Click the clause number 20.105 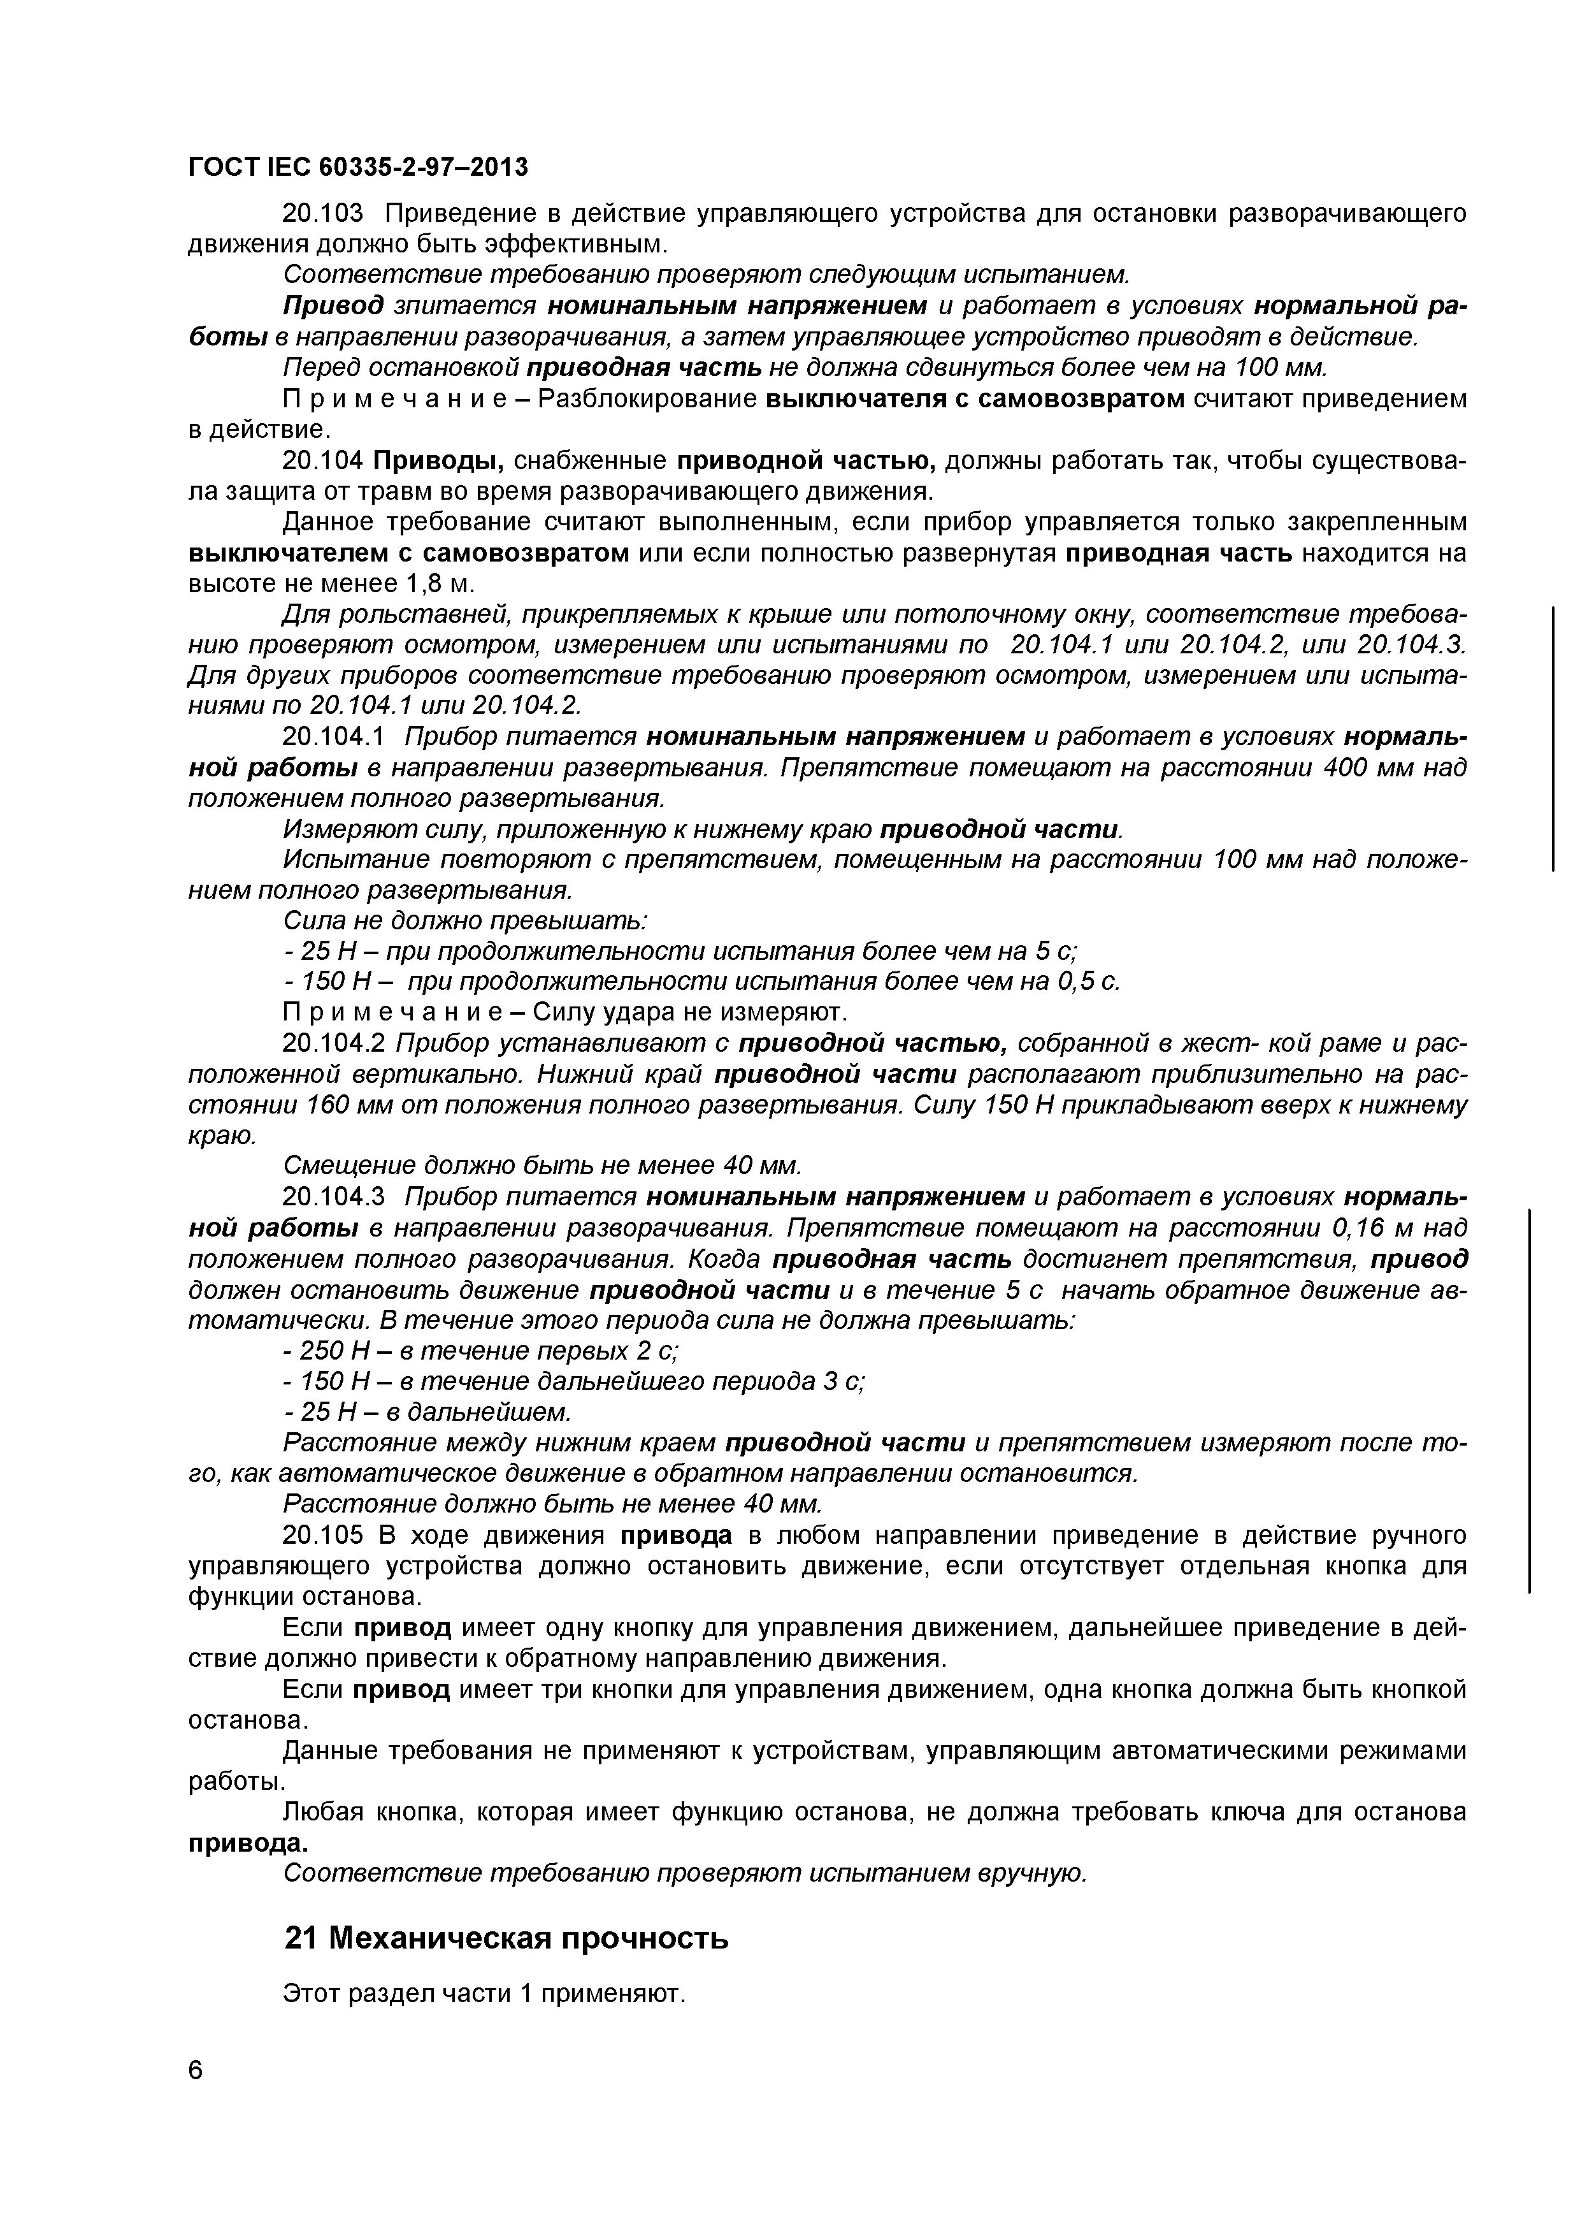pyautogui.click(x=320, y=1535)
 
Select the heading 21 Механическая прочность pyautogui.click(x=505, y=1940)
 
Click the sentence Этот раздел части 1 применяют pyautogui.click(x=484, y=1994)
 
